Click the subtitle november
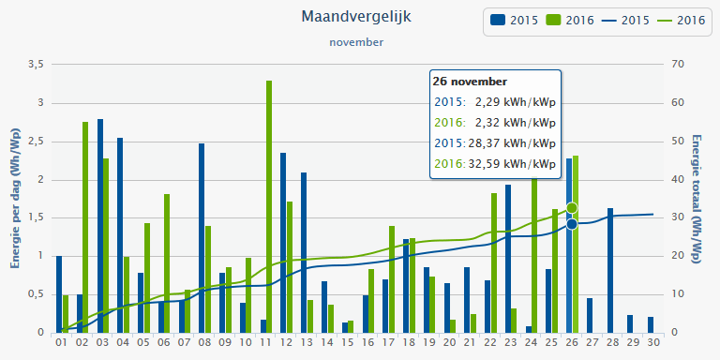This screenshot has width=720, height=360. (x=356, y=41)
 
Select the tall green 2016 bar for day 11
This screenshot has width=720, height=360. (x=269, y=206)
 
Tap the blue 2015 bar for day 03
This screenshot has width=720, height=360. (x=99, y=225)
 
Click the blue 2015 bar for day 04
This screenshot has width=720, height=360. (x=120, y=234)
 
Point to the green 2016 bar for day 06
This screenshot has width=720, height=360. (x=167, y=262)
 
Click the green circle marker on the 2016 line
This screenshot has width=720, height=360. (x=572, y=207)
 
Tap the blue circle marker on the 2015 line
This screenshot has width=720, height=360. (x=572, y=224)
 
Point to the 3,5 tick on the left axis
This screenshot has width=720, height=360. (x=36, y=65)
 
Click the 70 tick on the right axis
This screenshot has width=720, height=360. (x=678, y=65)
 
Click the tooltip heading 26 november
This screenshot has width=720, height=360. (x=471, y=82)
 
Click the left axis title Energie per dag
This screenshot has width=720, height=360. (x=16, y=198)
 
